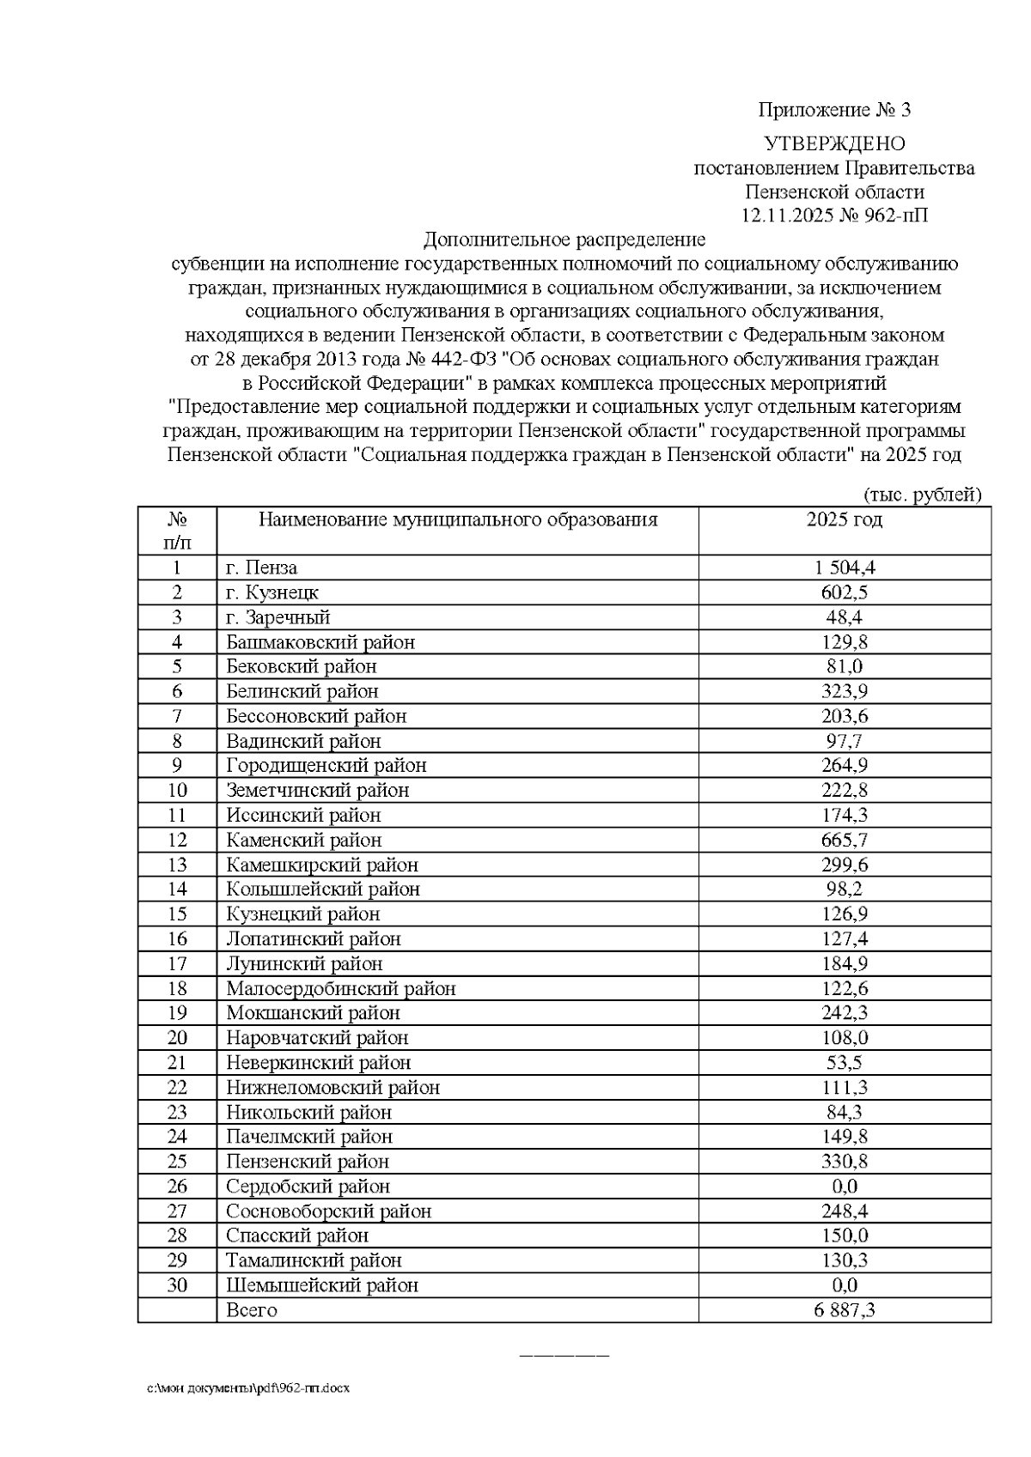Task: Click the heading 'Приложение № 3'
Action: click(833, 110)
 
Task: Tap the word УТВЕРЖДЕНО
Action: click(834, 143)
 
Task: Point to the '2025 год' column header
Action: click(844, 519)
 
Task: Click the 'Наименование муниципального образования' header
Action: click(458, 519)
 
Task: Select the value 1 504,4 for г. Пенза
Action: click(845, 568)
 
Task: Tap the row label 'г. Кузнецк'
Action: click(272, 592)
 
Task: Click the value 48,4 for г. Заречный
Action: click(845, 617)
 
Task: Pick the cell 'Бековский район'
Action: click(302, 666)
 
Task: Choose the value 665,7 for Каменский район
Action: click(845, 840)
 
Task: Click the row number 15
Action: click(177, 914)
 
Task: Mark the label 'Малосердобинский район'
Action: click(341, 988)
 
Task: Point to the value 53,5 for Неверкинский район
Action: click(845, 1063)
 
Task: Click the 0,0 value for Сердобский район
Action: click(845, 1187)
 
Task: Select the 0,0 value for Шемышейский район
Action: click(845, 1285)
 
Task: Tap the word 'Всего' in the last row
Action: click(252, 1310)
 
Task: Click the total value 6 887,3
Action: click(845, 1310)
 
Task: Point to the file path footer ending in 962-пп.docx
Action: click(248, 1387)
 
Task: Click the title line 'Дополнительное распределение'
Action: click(564, 240)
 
